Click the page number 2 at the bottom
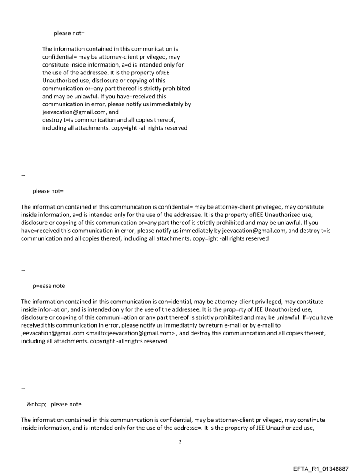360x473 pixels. tap(180, 442)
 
